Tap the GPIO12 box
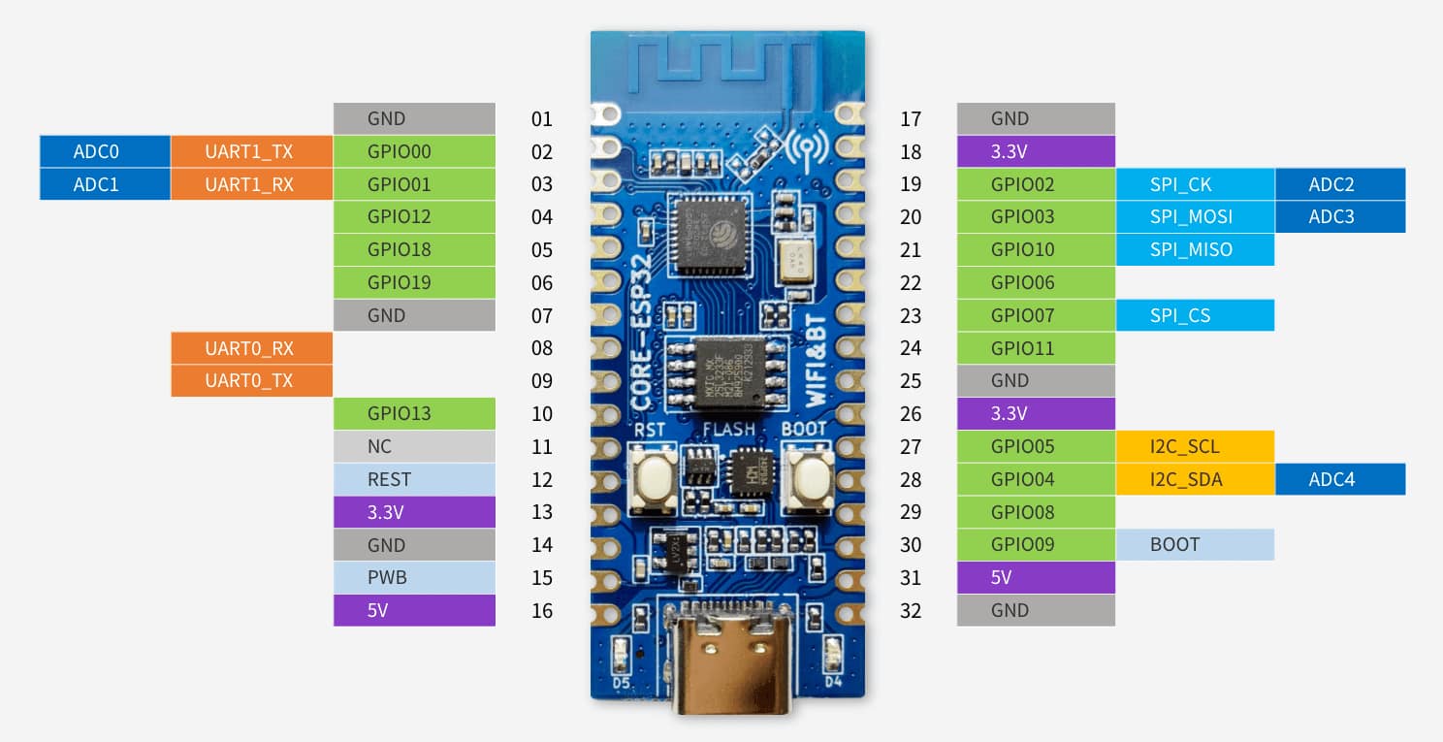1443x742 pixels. (x=414, y=216)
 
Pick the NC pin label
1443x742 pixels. (x=414, y=446)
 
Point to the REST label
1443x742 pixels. (x=414, y=479)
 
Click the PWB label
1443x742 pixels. (x=414, y=577)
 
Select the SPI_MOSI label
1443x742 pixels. (x=1194, y=216)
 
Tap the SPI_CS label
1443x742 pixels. (x=1194, y=315)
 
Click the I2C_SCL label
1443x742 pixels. (x=1194, y=446)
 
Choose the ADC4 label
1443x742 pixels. (x=1339, y=479)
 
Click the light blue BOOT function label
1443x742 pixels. (x=1194, y=544)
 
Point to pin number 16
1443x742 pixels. (x=542, y=610)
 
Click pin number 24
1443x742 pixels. (x=911, y=347)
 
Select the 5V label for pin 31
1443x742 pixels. (x=1035, y=577)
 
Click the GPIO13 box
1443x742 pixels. (x=414, y=413)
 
